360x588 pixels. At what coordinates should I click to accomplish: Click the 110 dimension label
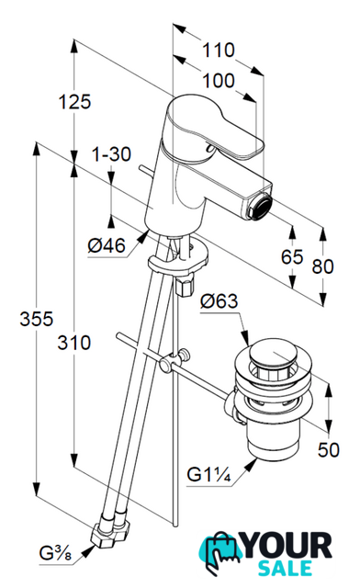click(x=219, y=51)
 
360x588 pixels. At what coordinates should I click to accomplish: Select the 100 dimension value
click(x=219, y=81)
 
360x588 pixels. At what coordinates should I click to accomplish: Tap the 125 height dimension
click(x=75, y=102)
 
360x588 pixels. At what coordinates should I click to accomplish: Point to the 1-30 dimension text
click(x=111, y=154)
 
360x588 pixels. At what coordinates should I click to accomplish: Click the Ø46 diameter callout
click(x=107, y=246)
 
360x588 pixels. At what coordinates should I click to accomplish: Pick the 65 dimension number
click(x=292, y=257)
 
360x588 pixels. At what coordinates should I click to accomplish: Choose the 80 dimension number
click(x=322, y=266)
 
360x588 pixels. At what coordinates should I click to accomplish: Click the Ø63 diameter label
click(x=219, y=301)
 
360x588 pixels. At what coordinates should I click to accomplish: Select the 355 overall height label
click(x=37, y=320)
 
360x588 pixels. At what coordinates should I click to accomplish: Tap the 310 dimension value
click(x=73, y=343)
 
